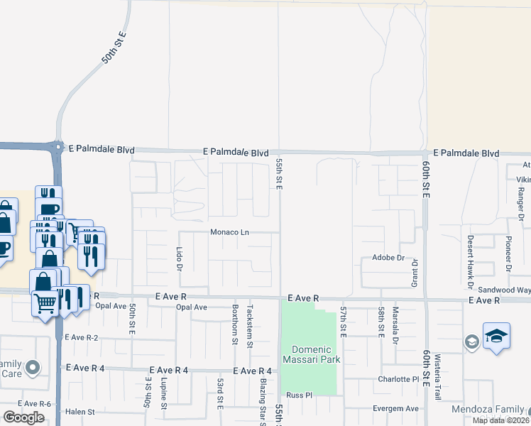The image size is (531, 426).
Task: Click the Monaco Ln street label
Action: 229,232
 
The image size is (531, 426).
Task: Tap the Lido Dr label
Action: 179,258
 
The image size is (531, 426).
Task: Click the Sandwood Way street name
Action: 503,290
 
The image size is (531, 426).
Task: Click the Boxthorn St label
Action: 234,324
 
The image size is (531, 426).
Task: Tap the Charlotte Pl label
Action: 400,378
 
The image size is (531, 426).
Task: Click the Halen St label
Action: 80,412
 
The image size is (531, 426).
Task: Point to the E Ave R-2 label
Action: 80,337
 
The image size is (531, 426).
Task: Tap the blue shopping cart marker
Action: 45,304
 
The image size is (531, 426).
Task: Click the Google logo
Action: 24,417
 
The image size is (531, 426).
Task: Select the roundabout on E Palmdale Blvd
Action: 57,148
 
